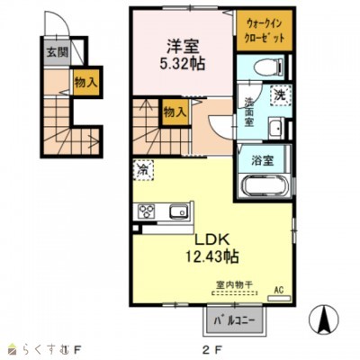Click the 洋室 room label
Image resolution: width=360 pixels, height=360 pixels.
[x=184, y=45]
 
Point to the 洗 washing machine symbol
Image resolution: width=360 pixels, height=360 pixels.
[x=280, y=95]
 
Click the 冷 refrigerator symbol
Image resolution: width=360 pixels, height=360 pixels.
[x=142, y=168]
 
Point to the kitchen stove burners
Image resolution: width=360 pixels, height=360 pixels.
[x=146, y=213]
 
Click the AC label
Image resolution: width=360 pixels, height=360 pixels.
[x=277, y=291]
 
